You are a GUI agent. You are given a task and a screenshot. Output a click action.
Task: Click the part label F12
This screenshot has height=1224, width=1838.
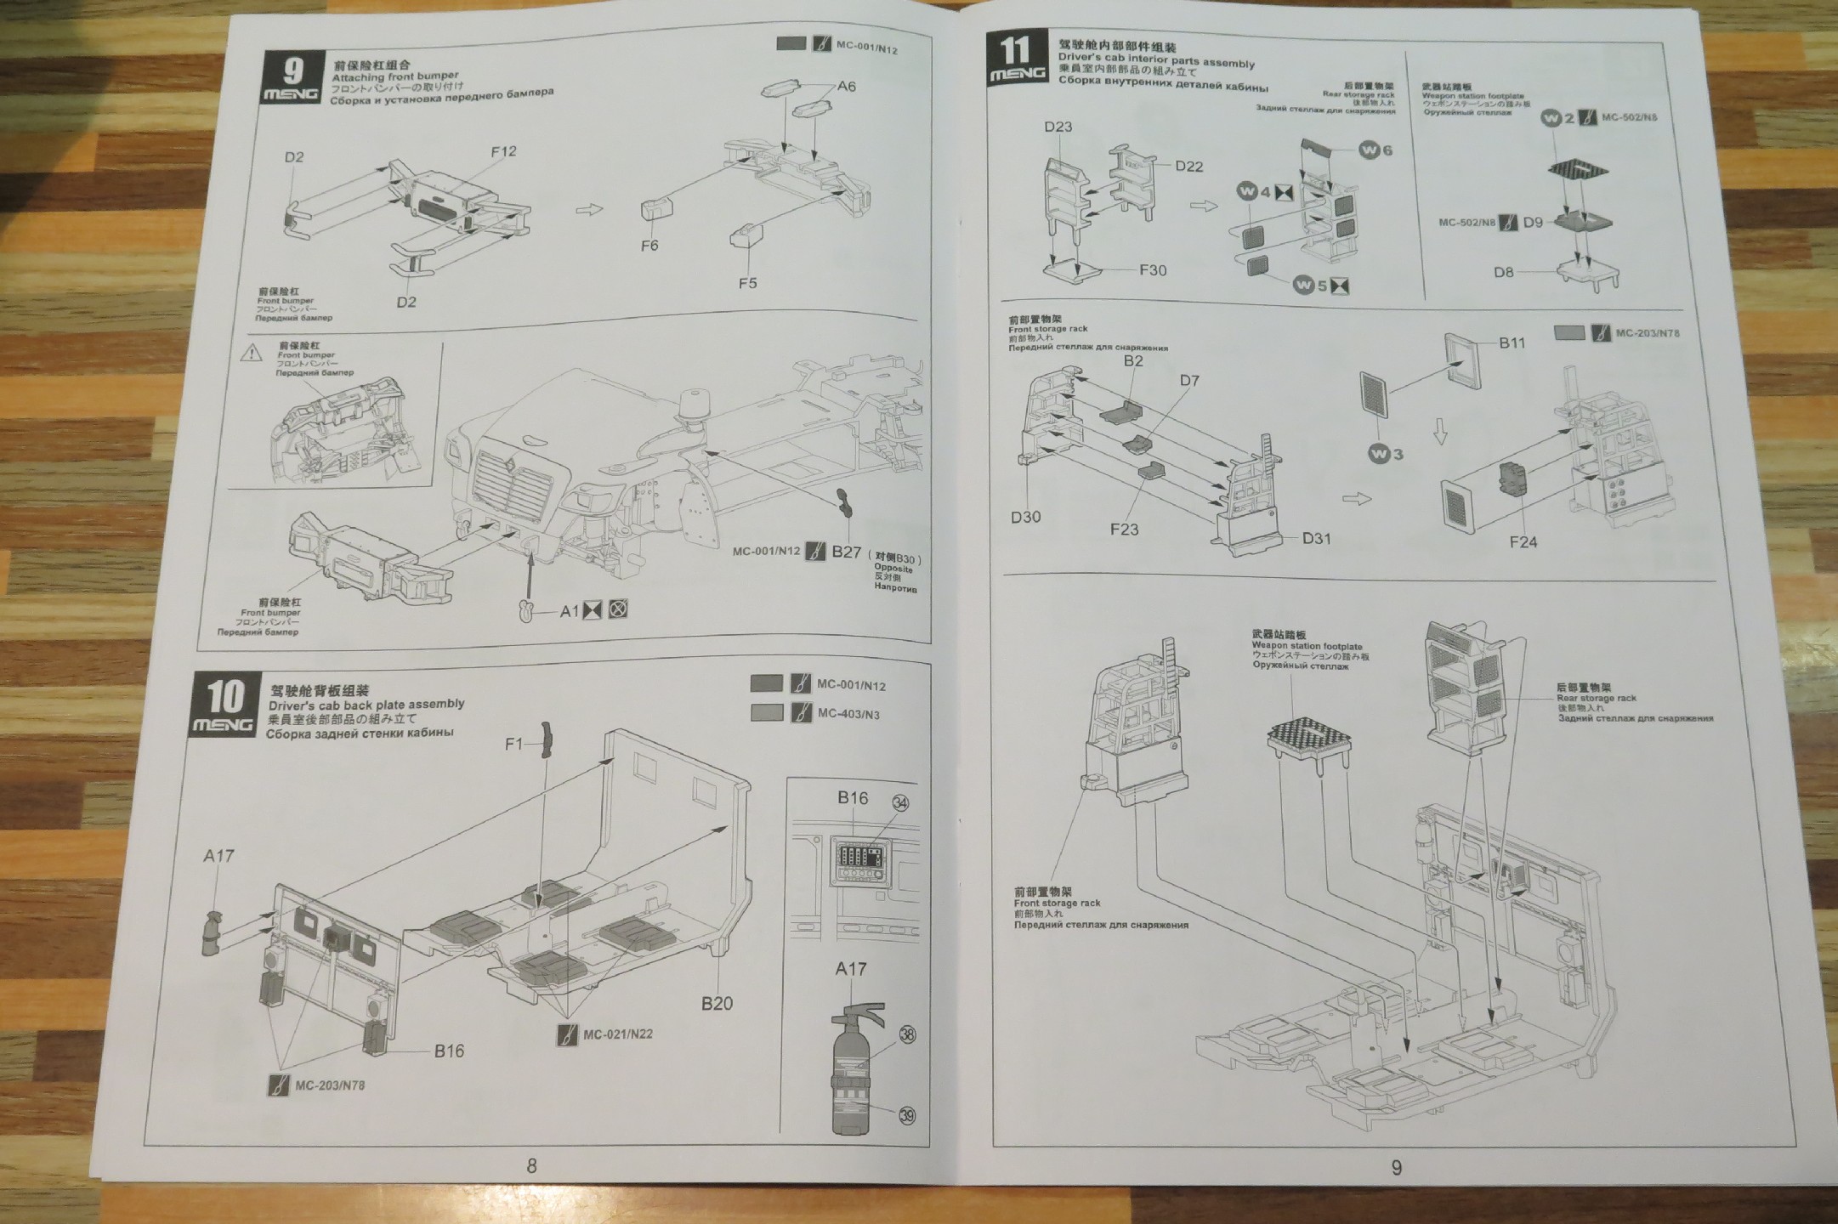click(503, 151)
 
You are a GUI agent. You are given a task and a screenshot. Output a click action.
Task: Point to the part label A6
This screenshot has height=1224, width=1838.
click(846, 86)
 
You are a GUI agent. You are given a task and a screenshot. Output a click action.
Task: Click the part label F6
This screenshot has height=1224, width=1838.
click(650, 246)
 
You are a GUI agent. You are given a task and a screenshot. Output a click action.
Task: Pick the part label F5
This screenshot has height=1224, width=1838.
click(747, 283)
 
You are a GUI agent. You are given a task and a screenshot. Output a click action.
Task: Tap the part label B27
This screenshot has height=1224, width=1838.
click(847, 552)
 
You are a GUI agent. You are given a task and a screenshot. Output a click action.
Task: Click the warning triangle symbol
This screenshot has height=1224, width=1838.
click(251, 353)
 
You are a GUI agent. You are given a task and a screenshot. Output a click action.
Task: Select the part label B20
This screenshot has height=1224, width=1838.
click(717, 1003)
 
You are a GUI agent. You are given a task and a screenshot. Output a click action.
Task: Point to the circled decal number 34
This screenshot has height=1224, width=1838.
click(900, 803)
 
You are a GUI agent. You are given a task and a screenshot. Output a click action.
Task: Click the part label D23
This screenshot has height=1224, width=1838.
click(1058, 127)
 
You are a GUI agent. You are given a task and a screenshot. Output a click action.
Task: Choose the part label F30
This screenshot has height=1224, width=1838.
click(1153, 270)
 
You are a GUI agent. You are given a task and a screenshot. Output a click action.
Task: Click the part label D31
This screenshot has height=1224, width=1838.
click(1316, 538)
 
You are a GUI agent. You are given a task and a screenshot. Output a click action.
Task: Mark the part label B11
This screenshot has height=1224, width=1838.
click(1512, 343)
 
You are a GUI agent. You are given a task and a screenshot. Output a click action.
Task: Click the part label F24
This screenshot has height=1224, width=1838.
click(1523, 541)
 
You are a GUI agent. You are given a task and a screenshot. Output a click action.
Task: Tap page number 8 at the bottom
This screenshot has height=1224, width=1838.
click(532, 1165)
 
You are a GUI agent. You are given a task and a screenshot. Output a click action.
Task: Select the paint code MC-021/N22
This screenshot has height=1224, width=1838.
click(617, 1034)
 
